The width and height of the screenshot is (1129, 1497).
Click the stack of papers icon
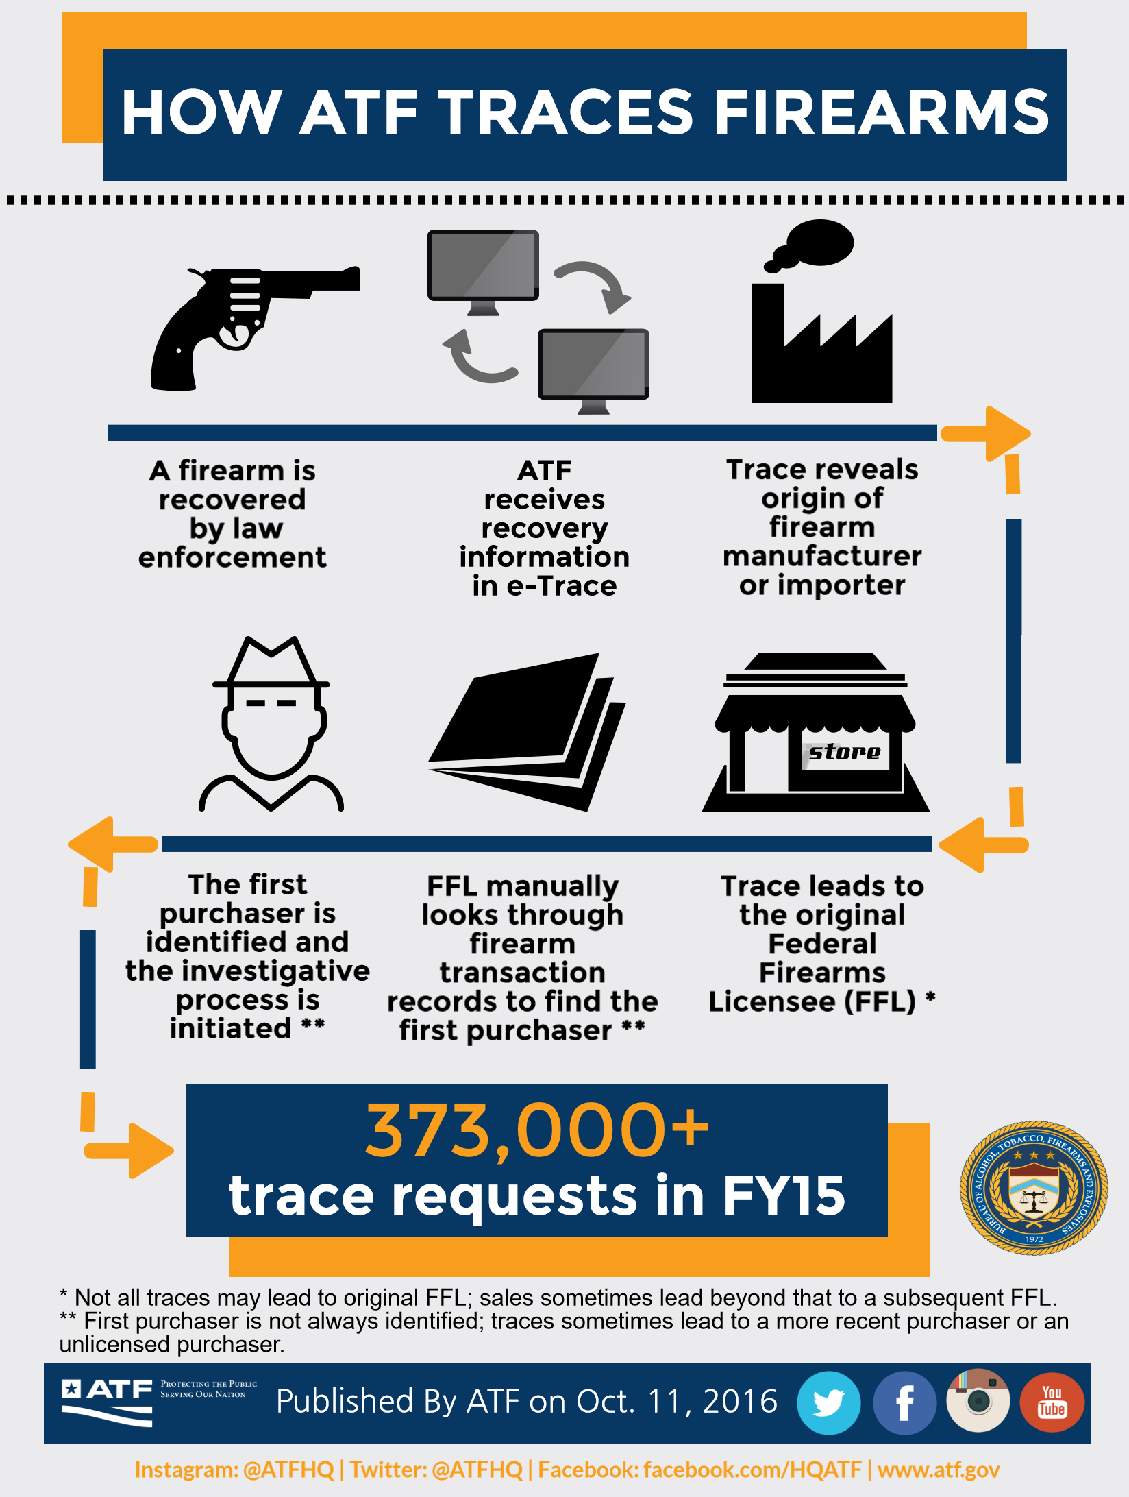(x=528, y=730)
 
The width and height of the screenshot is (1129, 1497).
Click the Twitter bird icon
(x=829, y=1402)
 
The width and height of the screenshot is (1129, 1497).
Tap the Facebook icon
(x=904, y=1402)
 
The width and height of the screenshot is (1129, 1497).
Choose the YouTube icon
(x=1052, y=1402)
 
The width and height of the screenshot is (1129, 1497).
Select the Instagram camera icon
(x=978, y=1401)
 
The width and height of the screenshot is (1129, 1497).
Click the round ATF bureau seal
(x=1034, y=1188)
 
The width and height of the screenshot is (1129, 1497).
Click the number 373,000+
(x=537, y=1130)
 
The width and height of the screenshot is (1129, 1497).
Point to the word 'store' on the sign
(x=845, y=752)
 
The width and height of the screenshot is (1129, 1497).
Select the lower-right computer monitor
(x=593, y=365)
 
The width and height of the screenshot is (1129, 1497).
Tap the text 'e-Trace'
(x=561, y=586)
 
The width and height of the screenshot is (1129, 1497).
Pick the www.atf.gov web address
(x=938, y=1470)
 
